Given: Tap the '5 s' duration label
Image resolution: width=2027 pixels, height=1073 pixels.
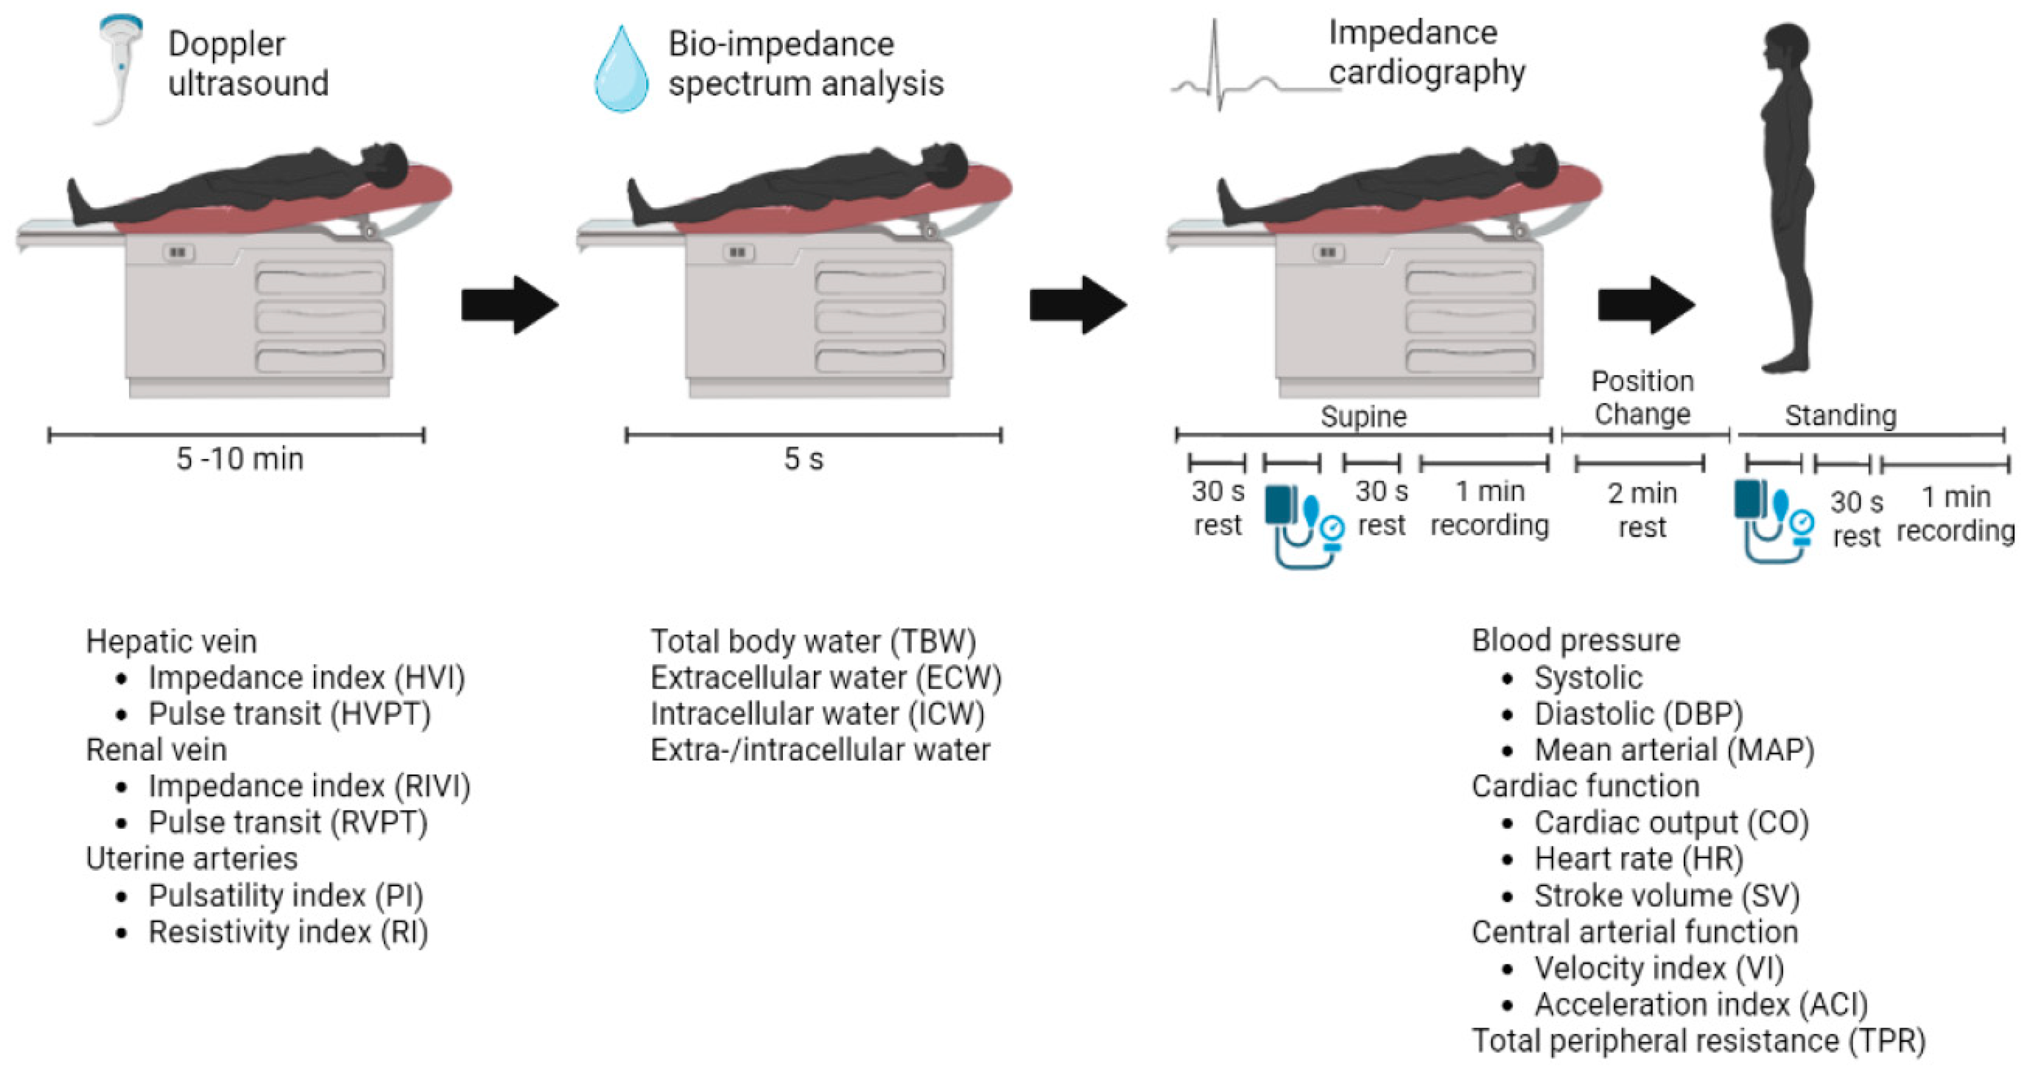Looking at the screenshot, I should click(x=803, y=459).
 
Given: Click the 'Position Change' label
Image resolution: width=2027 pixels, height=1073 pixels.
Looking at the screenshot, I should click(x=1641, y=397).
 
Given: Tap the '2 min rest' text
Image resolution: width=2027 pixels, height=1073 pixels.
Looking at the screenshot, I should click(x=1641, y=509).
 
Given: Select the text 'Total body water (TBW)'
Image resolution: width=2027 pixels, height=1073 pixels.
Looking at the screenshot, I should click(x=813, y=641).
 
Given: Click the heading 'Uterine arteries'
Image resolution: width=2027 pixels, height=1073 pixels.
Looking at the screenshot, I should click(x=191, y=859).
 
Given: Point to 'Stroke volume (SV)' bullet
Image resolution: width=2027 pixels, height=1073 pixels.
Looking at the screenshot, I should click(x=1666, y=896).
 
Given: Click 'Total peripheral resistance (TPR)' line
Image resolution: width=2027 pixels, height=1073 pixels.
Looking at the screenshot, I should click(x=1698, y=1041).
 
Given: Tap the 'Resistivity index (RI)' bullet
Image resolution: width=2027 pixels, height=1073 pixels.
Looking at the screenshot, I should click(x=287, y=932).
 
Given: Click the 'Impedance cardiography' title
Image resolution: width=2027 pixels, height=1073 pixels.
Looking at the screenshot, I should click(x=1426, y=53).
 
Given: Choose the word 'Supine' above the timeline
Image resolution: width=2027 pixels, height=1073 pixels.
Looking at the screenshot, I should click(x=1363, y=416).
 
